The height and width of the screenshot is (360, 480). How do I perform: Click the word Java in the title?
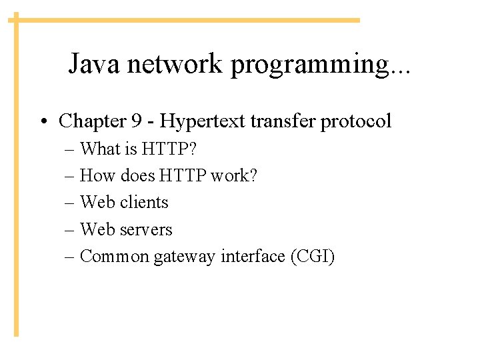[x=95, y=65]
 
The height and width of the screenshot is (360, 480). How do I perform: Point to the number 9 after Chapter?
[x=137, y=121]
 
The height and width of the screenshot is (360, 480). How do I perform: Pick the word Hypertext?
[x=205, y=122]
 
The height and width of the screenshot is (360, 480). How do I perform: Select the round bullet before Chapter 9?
[x=43, y=122]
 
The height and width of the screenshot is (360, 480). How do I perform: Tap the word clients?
[x=145, y=202]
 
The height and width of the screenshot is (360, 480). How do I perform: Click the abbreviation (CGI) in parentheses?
[x=313, y=256]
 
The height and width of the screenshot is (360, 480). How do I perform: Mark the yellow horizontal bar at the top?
[x=187, y=20]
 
